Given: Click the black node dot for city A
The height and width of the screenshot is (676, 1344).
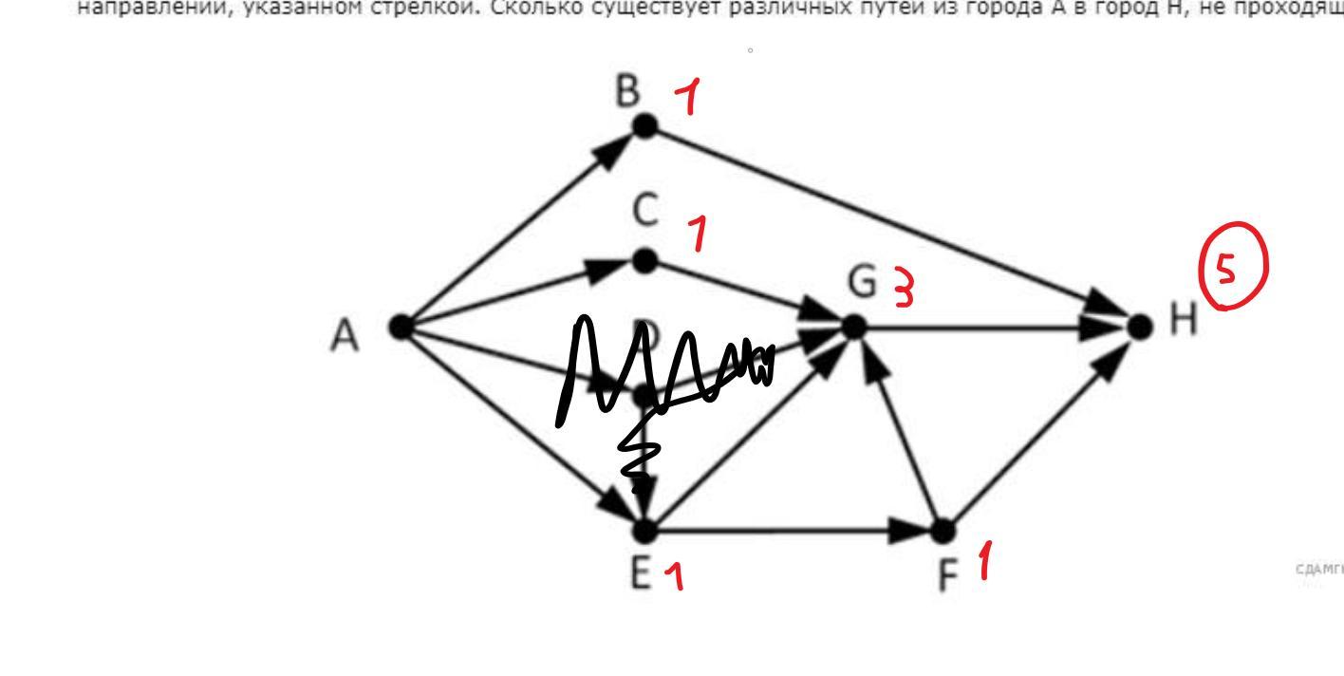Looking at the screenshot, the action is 401,328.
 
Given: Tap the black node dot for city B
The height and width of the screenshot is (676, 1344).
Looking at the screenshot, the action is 644,124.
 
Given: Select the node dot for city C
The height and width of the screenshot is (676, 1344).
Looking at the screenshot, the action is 644,260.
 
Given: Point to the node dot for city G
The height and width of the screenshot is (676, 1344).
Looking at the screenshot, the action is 854,327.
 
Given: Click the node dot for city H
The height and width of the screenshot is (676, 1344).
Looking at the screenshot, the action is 1140,327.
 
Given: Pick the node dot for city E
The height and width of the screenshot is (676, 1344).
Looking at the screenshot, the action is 644,530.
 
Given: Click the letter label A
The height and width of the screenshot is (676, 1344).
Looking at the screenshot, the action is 345,335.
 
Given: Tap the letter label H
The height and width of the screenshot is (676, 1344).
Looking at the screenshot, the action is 1184,321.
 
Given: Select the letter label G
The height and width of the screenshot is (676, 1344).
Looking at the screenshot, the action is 862,282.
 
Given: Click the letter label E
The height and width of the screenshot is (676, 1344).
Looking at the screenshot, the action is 643,573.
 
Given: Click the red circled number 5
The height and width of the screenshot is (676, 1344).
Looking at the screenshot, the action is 1232,267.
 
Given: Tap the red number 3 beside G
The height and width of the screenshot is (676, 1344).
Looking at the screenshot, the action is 905,290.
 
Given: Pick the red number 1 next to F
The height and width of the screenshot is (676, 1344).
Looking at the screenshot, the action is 985,560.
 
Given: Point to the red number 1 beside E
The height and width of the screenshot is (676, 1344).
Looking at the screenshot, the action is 674,576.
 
